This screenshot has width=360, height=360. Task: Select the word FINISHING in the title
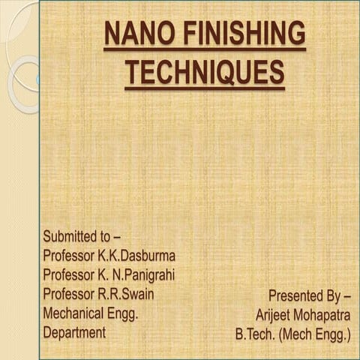click(238, 34)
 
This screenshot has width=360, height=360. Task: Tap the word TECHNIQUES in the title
click(204, 72)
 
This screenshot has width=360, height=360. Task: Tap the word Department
click(74, 332)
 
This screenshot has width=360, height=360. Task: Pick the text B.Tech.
click(257, 334)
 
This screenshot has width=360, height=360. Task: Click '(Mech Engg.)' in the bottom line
click(317, 334)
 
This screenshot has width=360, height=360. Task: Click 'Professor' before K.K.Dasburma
click(72, 256)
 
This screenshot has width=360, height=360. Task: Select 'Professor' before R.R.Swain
click(72, 294)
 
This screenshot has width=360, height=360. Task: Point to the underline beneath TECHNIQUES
click(204, 88)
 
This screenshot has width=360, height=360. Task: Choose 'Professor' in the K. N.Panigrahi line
click(72, 275)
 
